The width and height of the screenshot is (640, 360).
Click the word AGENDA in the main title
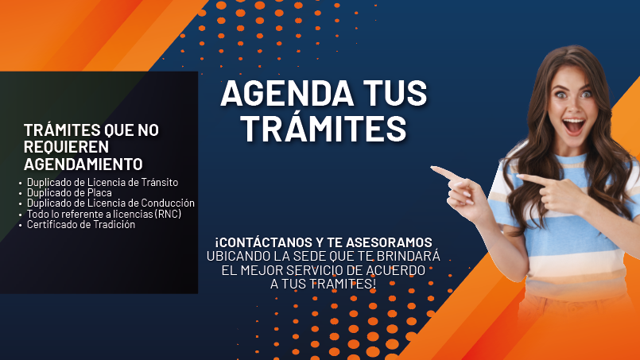click(x=286, y=94)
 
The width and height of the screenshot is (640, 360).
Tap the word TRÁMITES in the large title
click(x=324, y=129)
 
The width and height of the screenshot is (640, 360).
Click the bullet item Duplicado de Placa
click(x=69, y=192)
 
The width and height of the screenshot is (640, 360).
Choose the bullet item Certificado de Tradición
click(x=81, y=224)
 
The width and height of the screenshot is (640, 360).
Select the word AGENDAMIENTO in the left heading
click(x=83, y=164)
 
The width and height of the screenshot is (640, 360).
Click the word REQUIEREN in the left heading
click(x=66, y=146)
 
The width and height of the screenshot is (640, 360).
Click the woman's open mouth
click(x=574, y=126)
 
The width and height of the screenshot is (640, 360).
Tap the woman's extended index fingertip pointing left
click(x=432, y=168)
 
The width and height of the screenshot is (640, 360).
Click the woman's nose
click(x=573, y=107)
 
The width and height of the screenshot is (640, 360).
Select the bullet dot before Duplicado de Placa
click(x=21, y=193)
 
